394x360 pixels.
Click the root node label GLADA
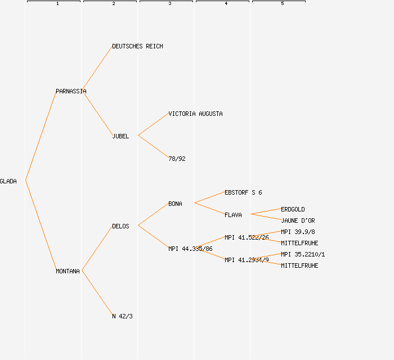pyautogui.click(x=8, y=181)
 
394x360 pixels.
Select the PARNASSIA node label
pyautogui.click(x=71, y=91)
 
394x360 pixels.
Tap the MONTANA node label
pyautogui.click(x=68, y=271)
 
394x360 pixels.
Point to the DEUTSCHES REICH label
pyautogui.click(x=137, y=46)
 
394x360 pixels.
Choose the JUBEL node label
pyautogui.click(x=120, y=136)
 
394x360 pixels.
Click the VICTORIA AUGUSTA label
pyautogui.click(x=195, y=114)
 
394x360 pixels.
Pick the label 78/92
pyautogui.click(x=177, y=159)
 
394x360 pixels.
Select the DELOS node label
pyautogui.click(x=120, y=226)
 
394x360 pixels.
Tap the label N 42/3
pyautogui.click(x=122, y=316)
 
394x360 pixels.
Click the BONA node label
pyautogui.click(x=175, y=204)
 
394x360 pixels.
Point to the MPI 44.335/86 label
pyautogui.click(x=190, y=249)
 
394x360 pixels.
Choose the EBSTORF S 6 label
pyautogui.click(x=243, y=192)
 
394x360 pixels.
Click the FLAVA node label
pyautogui.click(x=233, y=215)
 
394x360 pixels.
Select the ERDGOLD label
pyautogui.click(x=293, y=209)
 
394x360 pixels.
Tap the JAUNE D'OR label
pyautogui.click(x=298, y=220)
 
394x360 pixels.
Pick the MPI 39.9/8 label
pyautogui.click(x=298, y=232)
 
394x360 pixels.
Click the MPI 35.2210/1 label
pyautogui.click(x=303, y=254)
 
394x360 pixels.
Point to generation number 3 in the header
pyautogui.click(x=169, y=4)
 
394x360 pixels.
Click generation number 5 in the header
pyautogui.click(x=282, y=4)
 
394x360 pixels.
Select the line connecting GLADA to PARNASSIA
pyautogui.click(x=41, y=136)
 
